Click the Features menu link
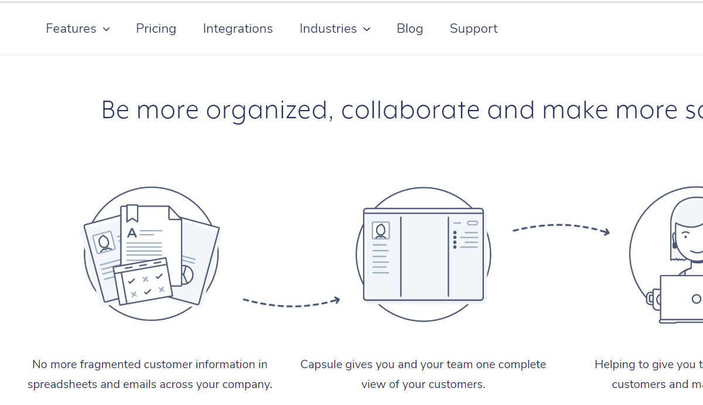click(x=71, y=29)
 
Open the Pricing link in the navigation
click(x=156, y=29)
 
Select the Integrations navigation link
click(x=238, y=29)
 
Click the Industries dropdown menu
click(x=328, y=29)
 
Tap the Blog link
click(x=409, y=29)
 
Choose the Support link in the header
click(x=473, y=29)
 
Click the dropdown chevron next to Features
click(x=106, y=29)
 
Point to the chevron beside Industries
click(x=367, y=29)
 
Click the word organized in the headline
click(x=269, y=111)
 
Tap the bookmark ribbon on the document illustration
click(x=132, y=213)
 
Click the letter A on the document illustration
click(x=132, y=233)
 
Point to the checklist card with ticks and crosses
click(x=143, y=282)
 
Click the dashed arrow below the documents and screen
click(x=291, y=302)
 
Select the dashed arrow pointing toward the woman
click(x=561, y=228)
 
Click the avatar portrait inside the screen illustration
click(x=381, y=231)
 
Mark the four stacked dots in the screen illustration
click(x=455, y=240)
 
